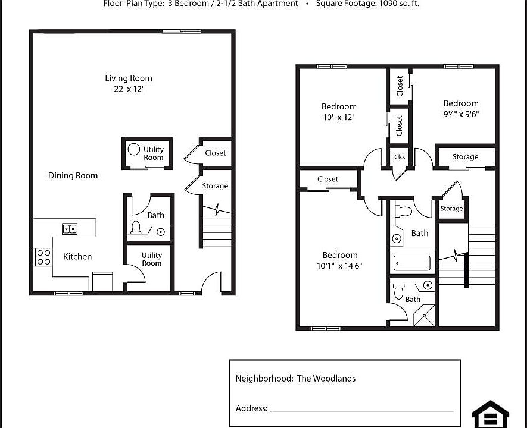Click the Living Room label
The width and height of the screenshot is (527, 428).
click(x=129, y=78)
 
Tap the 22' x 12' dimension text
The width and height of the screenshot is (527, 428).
click(x=129, y=89)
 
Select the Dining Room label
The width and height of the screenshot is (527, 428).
click(x=73, y=175)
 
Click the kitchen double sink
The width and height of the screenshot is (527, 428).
click(x=70, y=228)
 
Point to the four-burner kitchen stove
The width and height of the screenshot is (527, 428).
click(x=43, y=257)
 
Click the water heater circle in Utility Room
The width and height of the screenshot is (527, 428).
click(x=135, y=149)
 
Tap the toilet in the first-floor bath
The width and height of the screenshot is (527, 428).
click(x=136, y=228)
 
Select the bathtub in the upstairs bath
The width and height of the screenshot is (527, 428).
click(x=411, y=263)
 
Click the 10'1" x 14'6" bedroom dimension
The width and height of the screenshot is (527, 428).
click(x=339, y=266)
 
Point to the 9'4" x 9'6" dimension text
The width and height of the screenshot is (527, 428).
click(x=461, y=114)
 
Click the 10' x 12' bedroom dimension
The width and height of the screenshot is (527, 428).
click(x=339, y=117)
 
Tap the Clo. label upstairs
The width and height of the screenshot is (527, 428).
click(x=400, y=157)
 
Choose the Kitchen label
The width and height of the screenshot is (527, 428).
click(x=77, y=256)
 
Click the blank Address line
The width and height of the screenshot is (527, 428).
click(x=361, y=410)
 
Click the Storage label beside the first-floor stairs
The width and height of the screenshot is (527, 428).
click(x=215, y=186)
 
